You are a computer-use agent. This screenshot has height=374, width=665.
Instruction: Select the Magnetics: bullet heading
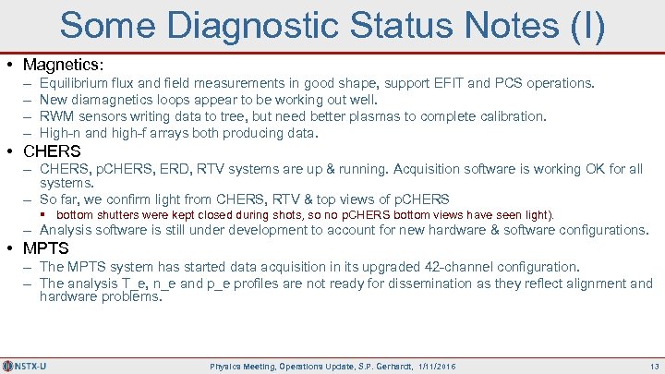64,66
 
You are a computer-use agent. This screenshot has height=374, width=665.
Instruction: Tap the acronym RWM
57,116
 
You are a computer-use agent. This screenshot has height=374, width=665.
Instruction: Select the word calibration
511,116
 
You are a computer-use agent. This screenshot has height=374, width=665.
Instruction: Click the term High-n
60,133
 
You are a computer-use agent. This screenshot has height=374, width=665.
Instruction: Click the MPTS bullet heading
47,248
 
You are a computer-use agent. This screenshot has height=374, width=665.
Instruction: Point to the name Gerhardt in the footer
380,367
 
